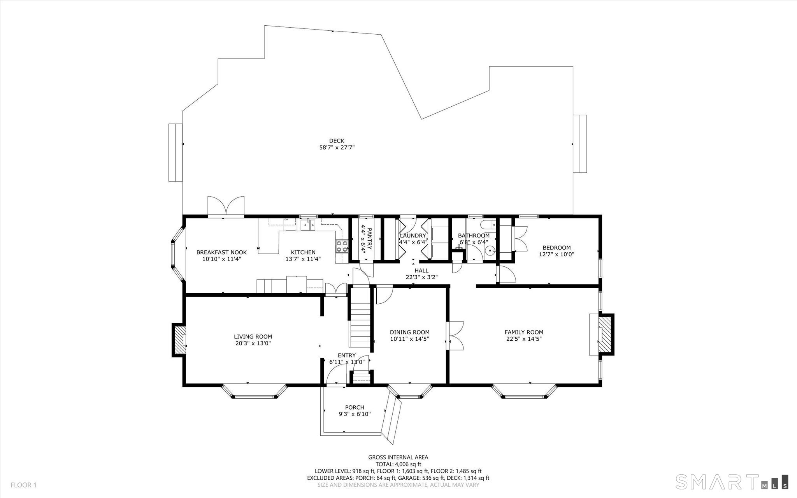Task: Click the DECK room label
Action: (337, 141)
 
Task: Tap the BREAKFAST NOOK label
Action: (221, 252)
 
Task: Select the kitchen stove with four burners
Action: (342, 246)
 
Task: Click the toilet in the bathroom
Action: (488, 225)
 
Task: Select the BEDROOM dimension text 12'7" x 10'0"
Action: (556, 254)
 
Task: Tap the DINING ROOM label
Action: (410, 332)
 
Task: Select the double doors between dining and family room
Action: (455, 336)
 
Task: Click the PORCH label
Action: (355, 408)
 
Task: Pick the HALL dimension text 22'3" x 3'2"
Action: (421, 278)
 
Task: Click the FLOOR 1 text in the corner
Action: (23, 485)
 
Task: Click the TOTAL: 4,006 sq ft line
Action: (398, 464)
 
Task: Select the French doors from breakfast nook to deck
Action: (226, 206)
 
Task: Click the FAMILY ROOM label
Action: (524, 332)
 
